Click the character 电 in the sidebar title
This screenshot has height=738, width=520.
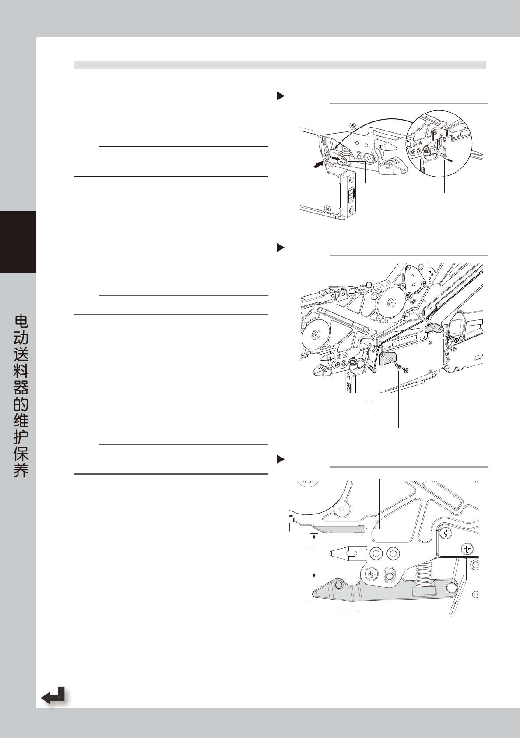(21, 322)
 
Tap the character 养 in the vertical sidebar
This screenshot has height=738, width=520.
(21, 470)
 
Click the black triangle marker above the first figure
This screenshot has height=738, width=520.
(280, 96)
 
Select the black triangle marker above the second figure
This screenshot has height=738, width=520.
(280, 248)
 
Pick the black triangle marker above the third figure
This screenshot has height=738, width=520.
(280, 460)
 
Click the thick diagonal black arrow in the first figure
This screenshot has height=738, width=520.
(320, 164)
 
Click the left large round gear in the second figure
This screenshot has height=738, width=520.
(314, 336)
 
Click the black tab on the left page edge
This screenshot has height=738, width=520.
(18, 242)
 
